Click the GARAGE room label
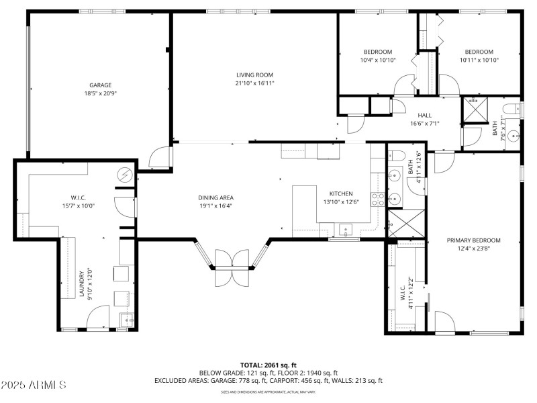[x=101, y=85]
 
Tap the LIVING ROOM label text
[x=254, y=75]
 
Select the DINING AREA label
[x=215, y=197]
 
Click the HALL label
[x=424, y=115]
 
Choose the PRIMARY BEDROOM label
[x=474, y=240]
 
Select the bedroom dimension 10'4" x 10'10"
[x=378, y=60]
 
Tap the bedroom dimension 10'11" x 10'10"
[x=479, y=60]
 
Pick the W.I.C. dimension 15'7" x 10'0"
[x=79, y=206]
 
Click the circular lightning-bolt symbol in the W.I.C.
[x=124, y=175]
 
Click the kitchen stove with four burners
[x=377, y=199]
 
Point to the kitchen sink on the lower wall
[x=346, y=230]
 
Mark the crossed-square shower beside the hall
[x=477, y=108]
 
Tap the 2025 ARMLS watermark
[x=34, y=385]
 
